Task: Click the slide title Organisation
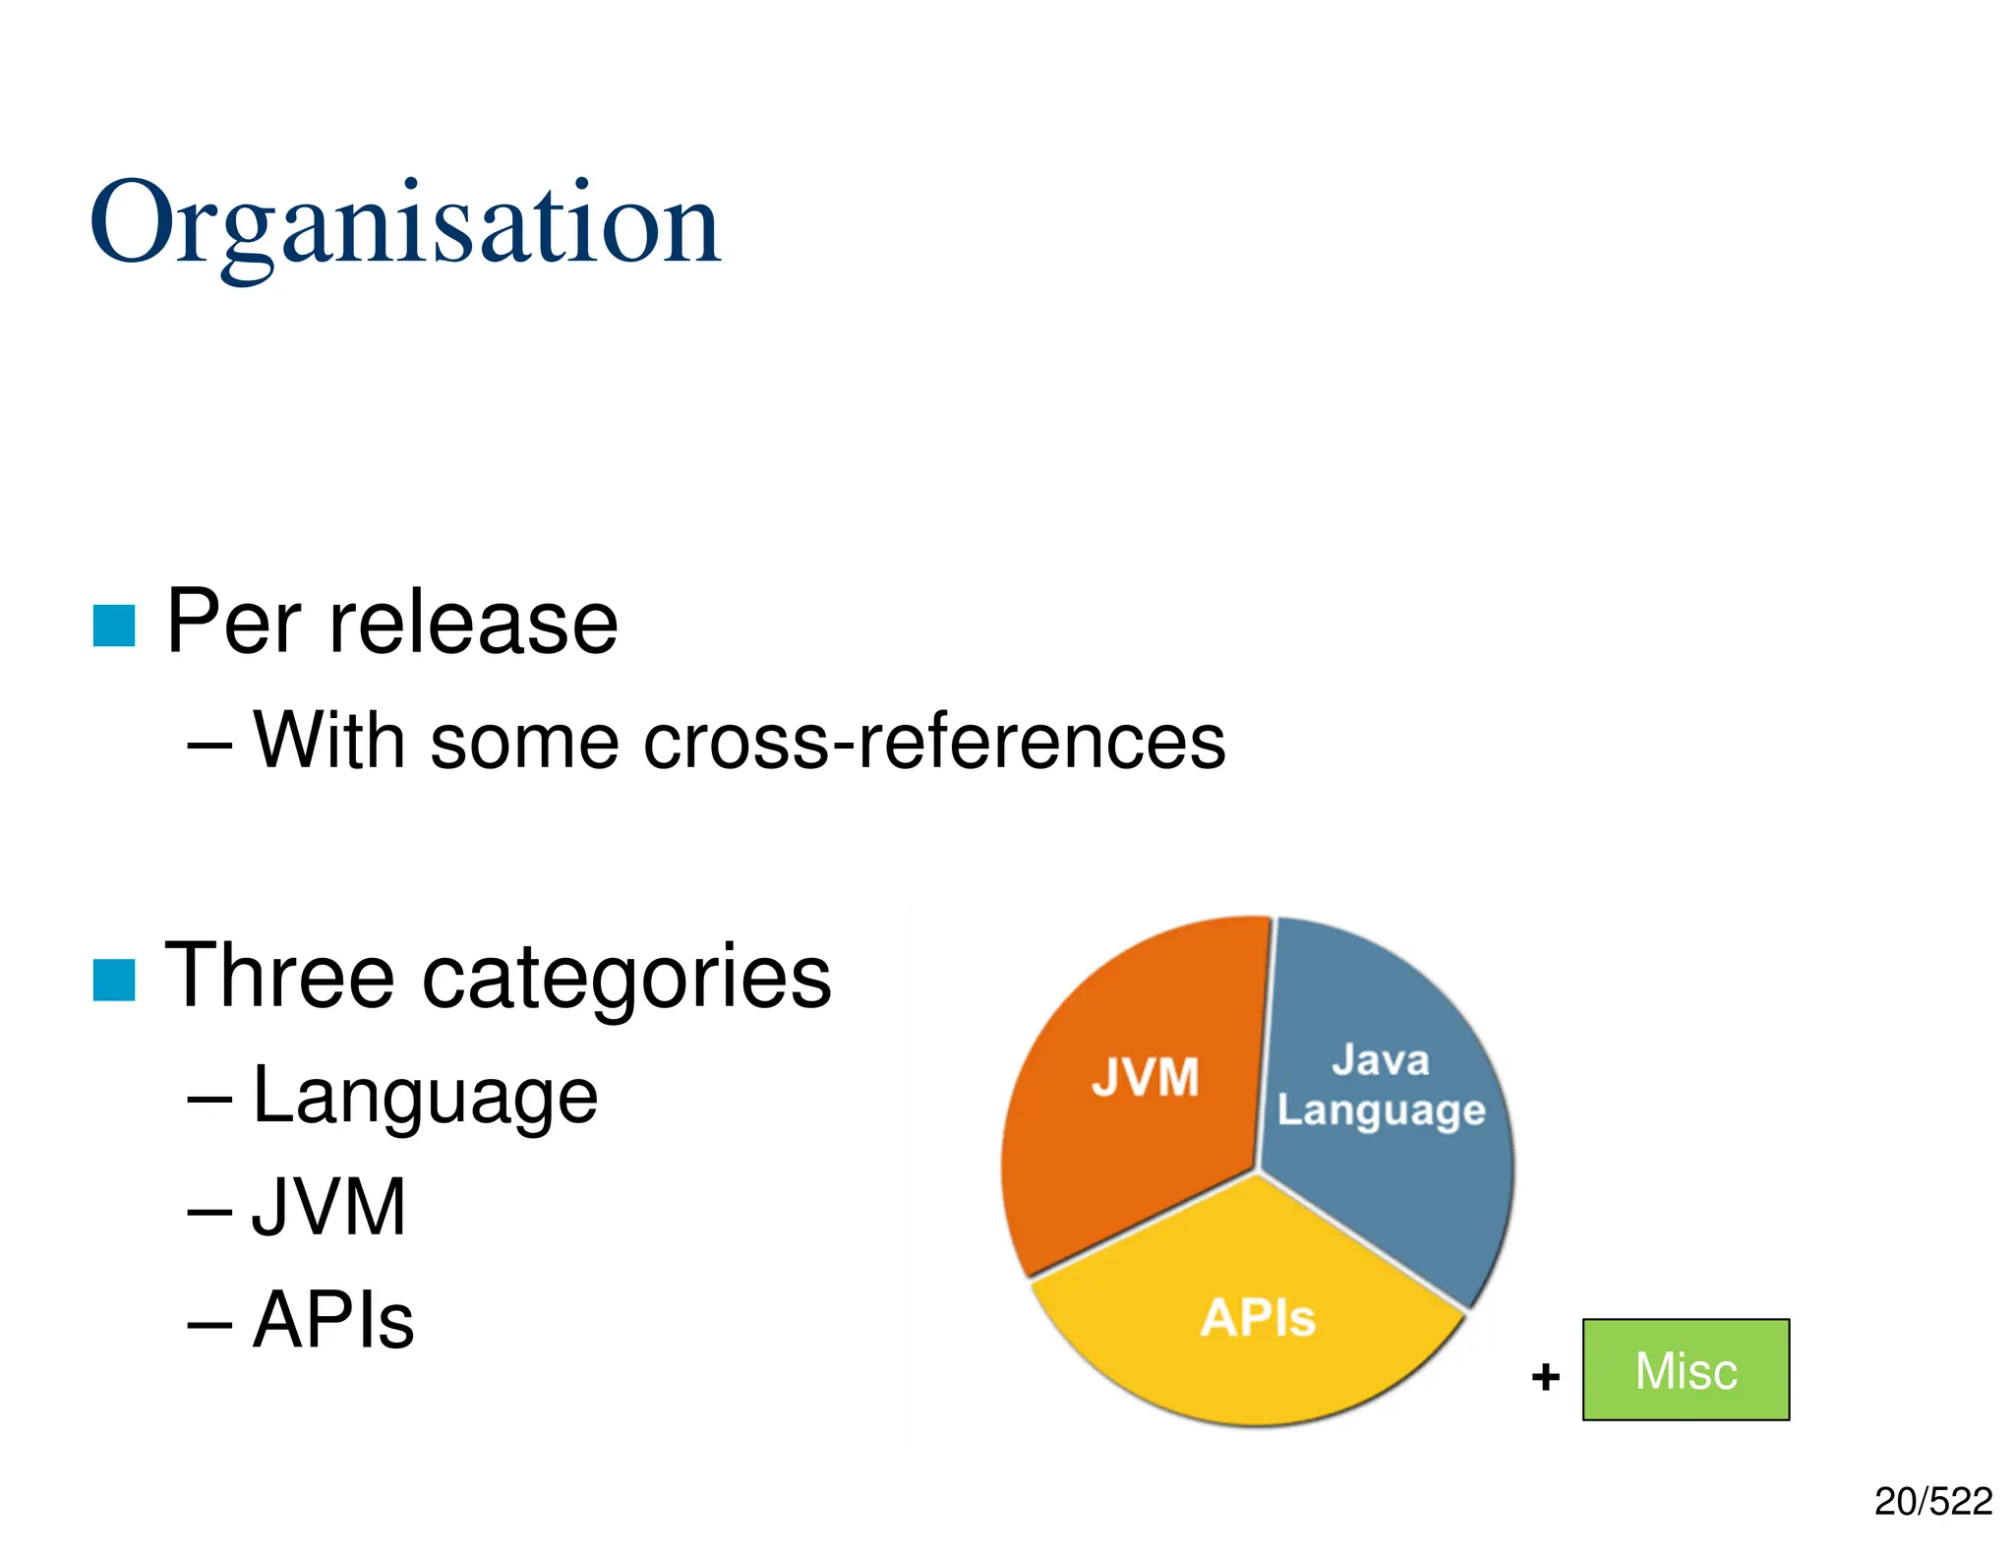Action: point(405,224)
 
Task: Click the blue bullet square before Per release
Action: point(114,626)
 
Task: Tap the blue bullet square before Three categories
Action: point(114,980)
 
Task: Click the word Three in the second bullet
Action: point(279,976)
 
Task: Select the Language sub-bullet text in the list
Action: point(425,1097)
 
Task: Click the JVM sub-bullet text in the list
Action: point(328,1207)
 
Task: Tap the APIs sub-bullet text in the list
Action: point(333,1320)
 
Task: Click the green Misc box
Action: point(1686,1370)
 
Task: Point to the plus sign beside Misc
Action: point(1545,1376)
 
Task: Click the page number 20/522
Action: point(1932,1502)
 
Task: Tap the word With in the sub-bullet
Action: point(327,741)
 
